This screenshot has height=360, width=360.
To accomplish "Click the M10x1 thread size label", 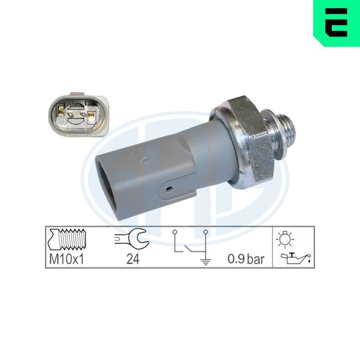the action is [x=66, y=259].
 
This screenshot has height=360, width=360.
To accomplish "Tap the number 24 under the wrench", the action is [x=133, y=259].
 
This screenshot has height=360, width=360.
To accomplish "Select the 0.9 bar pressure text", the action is [x=246, y=259].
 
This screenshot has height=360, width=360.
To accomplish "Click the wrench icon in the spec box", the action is [x=132, y=239].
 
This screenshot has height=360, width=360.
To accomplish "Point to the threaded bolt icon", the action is [x=67, y=239].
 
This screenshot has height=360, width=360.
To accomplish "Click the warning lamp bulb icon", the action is [x=285, y=239].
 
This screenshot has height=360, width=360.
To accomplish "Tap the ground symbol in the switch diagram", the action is [x=206, y=261].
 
